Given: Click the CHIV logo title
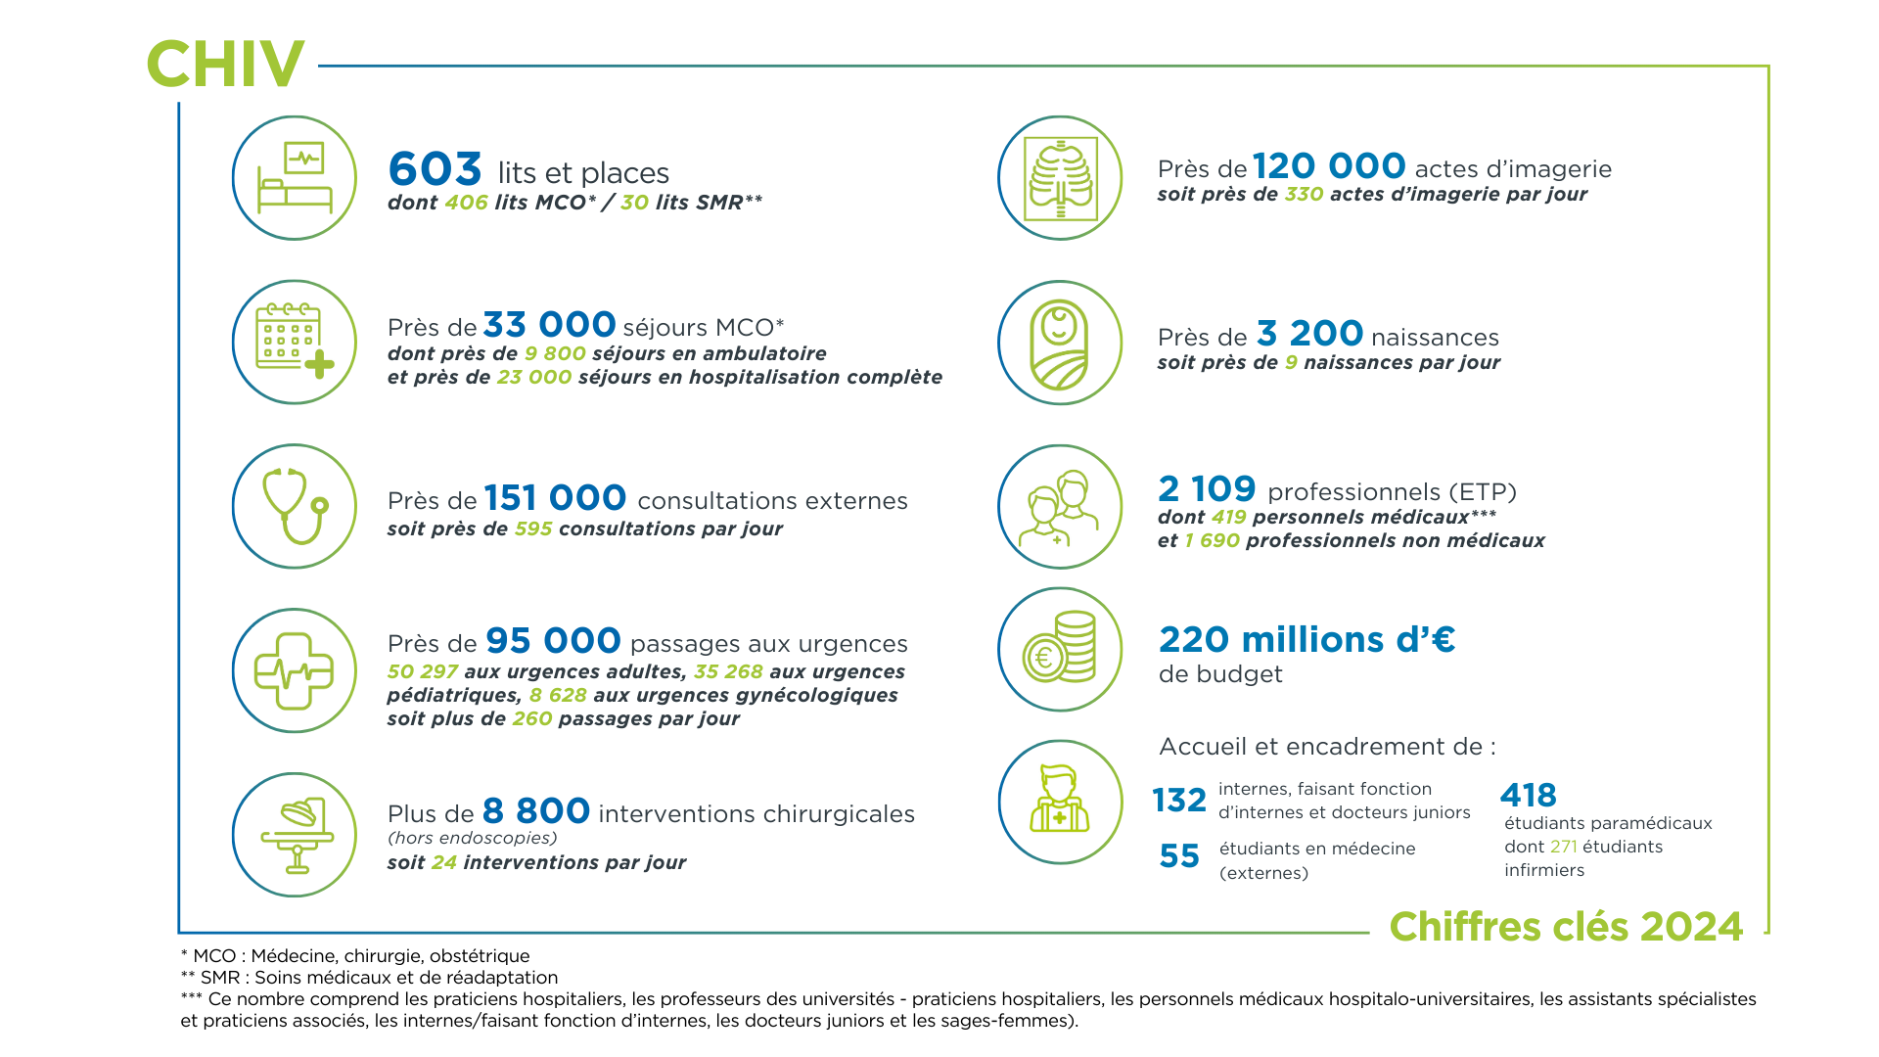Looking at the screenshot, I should (x=225, y=65).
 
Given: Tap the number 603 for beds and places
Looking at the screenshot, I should (x=435, y=169).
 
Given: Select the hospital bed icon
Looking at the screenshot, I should (x=295, y=178).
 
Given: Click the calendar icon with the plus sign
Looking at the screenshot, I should (x=295, y=343).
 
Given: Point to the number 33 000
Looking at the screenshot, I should (x=549, y=325).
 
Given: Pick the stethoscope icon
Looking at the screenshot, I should (x=295, y=506).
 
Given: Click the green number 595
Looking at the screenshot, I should (x=533, y=529).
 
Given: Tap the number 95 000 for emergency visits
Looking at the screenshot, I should (x=553, y=641).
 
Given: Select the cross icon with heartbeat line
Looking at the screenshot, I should (x=295, y=670).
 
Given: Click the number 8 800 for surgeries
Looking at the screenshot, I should (x=536, y=811).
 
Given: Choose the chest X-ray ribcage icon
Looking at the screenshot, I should (x=1060, y=178).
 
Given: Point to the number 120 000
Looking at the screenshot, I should (x=1329, y=166).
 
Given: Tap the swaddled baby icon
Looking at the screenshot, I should (x=1060, y=343).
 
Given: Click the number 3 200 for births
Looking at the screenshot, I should (x=1309, y=335).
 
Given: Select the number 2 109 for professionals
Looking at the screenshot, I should (x=1207, y=489).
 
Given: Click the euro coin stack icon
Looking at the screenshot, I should (x=1060, y=649).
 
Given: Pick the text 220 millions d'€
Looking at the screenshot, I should (x=1306, y=640).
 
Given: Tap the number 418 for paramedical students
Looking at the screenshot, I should (x=1528, y=795).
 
